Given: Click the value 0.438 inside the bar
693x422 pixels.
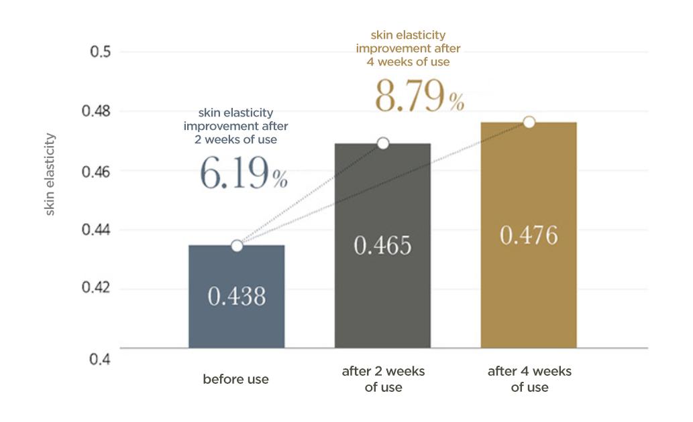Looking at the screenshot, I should point(236,296).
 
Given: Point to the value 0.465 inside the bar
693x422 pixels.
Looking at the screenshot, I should point(382,245).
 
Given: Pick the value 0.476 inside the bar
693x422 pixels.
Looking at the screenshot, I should point(529,236).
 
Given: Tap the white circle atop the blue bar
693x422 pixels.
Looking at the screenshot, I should point(237,246).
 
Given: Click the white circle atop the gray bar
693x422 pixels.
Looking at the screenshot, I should point(383,143).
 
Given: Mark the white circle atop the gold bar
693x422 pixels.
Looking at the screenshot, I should point(529,122).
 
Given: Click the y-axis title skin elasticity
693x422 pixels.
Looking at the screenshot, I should point(50,174).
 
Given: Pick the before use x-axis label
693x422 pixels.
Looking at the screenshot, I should point(235,379).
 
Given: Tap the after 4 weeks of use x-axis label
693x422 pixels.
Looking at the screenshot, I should point(529,379).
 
